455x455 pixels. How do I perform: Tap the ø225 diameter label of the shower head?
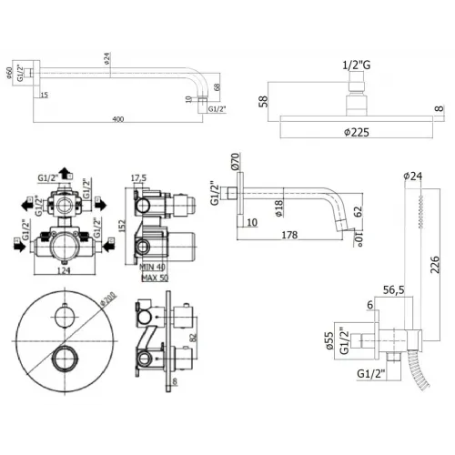pos(356,129)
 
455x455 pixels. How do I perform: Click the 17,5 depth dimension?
pos(138,179)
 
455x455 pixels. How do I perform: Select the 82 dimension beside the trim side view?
pos(192,336)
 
